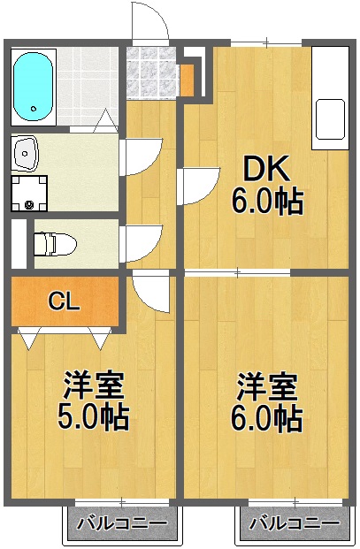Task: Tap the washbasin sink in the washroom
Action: coord(26,154)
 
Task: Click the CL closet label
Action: coord(64,301)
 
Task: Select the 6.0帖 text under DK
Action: coord(267,202)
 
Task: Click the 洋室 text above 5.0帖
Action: coord(93,385)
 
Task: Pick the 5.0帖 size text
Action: coord(93,417)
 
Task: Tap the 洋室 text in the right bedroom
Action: coord(266,385)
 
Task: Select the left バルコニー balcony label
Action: coord(121,523)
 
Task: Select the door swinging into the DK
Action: coord(196,185)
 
